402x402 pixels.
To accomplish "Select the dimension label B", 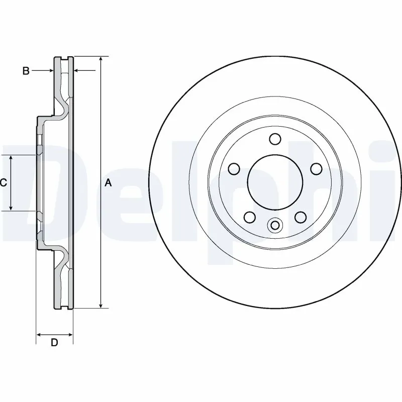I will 26,71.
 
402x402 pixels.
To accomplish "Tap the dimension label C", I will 3,183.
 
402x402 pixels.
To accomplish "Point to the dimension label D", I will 55,343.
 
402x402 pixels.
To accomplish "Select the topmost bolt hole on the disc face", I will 274,138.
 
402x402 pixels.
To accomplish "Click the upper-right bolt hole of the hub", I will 316,168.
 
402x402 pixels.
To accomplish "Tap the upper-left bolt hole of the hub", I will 233,168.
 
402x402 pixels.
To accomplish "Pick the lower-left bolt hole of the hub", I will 249,217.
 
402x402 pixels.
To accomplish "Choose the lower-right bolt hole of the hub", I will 300,217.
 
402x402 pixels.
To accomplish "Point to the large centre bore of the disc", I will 274,181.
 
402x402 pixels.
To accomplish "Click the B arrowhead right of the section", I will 77,71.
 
